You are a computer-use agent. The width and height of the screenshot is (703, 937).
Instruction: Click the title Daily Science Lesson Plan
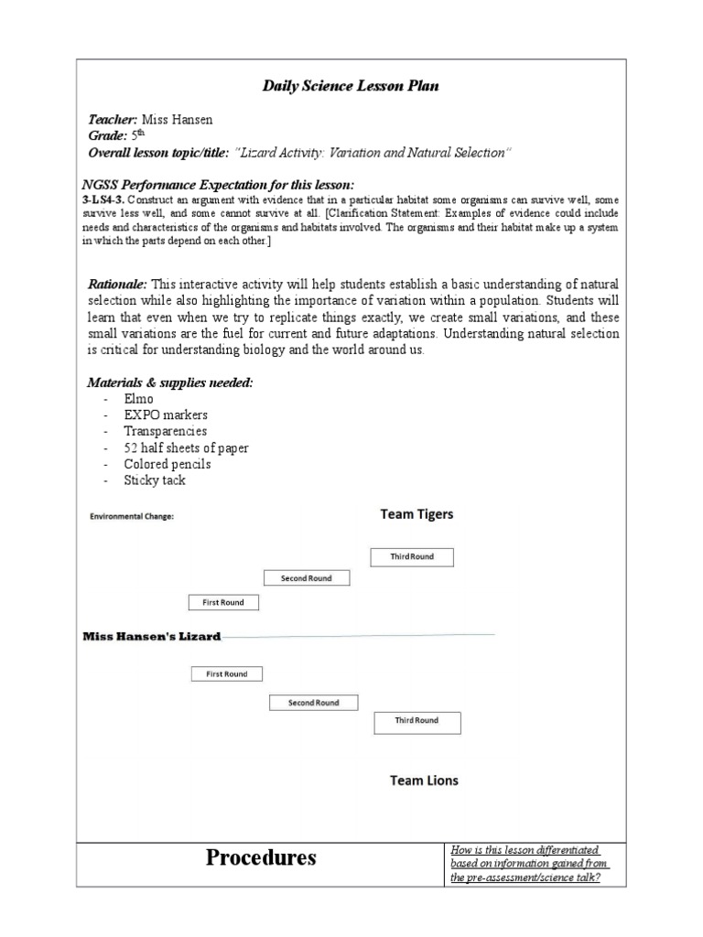[351, 86]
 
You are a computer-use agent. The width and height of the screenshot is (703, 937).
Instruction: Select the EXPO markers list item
[166, 415]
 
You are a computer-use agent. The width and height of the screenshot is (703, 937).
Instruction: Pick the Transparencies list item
[166, 431]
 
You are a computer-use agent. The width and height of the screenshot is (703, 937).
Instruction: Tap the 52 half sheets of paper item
[186, 447]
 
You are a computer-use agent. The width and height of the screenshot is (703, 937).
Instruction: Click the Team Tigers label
[416, 514]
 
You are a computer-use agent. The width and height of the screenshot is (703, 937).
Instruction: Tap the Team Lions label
[424, 781]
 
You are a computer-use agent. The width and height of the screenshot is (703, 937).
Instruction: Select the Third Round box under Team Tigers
[412, 556]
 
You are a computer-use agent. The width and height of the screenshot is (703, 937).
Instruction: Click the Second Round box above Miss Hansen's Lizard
[307, 578]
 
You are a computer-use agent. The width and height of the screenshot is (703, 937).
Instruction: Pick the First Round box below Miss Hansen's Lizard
[226, 674]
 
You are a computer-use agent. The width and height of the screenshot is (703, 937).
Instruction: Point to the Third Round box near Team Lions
[416, 721]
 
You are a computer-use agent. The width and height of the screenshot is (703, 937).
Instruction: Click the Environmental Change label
[132, 516]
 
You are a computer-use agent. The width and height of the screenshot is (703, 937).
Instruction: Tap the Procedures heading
[261, 857]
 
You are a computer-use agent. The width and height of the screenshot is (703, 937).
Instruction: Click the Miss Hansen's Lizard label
[152, 636]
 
